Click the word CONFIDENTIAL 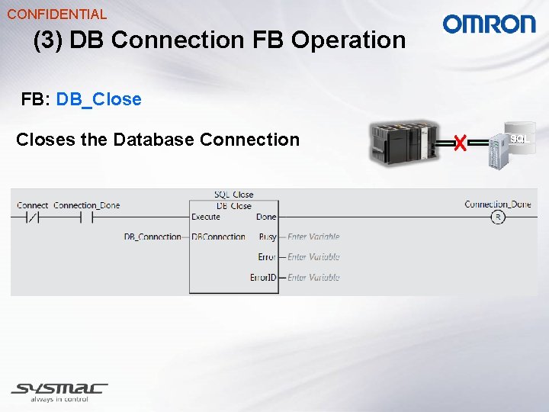point(56,14)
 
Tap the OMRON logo point(490,24)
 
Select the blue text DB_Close point(98,99)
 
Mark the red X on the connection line point(459,142)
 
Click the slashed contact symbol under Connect point(33,217)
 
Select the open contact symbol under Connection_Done point(86,217)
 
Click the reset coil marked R point(498,217)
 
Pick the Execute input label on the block point(206,217)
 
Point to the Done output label point(266,217)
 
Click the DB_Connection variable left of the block point(152,237)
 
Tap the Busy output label point(267,237)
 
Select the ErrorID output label point(263,278)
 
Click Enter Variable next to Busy point(313,237)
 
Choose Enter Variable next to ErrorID point(313,278)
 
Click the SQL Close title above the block point(233,195)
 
